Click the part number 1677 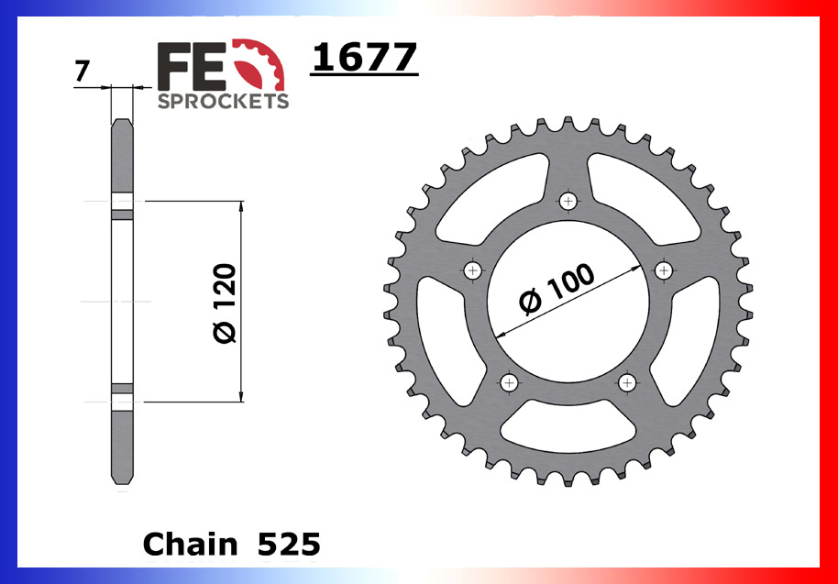[x=365, y=59]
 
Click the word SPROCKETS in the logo [x=223, y=101]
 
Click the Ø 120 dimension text [x=226, y=303]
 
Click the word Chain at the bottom [x=188, y=545]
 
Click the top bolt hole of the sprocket [x=569, y=201]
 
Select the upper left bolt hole [x=473, y=270]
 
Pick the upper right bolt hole [x=664, y=270]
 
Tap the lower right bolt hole [x=628, y=382]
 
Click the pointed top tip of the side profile [x=122, y=119]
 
